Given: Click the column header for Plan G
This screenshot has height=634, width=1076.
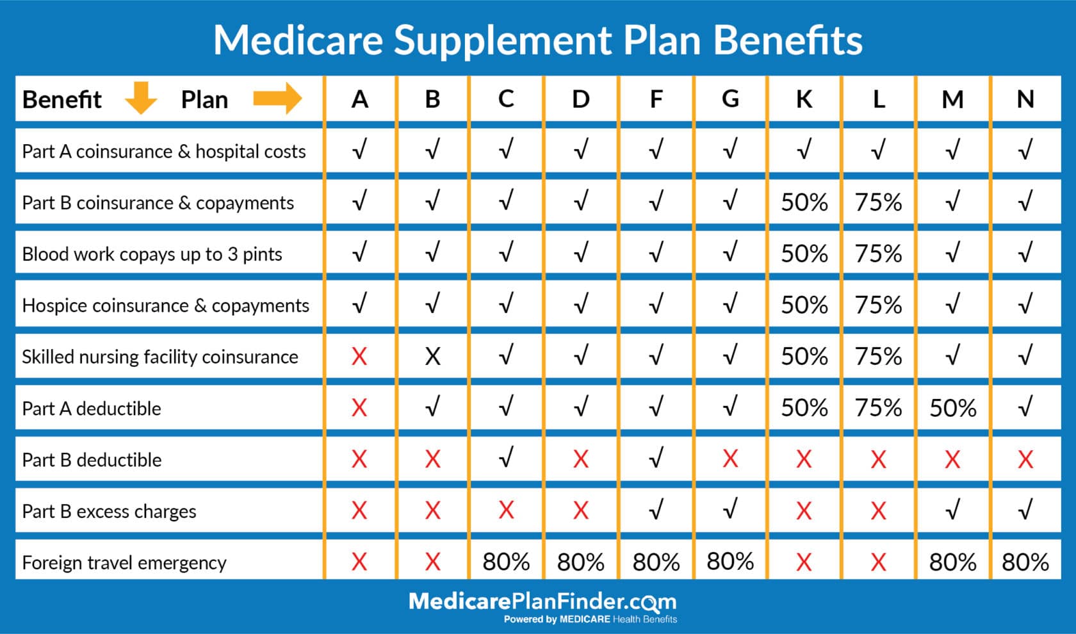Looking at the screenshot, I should tap(730, 99).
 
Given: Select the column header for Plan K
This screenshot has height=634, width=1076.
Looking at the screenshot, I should tap(804, 99).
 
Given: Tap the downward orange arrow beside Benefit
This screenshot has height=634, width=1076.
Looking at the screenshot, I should tap(141, 98).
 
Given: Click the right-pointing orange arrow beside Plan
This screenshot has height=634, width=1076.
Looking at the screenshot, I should tap(277, 98).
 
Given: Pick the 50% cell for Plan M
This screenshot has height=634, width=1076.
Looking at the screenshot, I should tap(952, 408).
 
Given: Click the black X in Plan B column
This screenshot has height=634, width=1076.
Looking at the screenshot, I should tap(433, 357).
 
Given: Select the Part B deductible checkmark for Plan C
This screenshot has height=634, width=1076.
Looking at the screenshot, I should tap(506, 459).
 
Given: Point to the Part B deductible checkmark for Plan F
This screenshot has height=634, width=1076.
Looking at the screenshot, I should tap(656, 459).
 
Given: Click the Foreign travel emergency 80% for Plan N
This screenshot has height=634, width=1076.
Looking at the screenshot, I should tap(1025, 562).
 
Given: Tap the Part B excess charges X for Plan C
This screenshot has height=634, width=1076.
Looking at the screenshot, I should tap(506, 510).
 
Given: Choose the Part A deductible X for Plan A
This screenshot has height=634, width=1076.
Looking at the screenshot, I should tap(359, 408).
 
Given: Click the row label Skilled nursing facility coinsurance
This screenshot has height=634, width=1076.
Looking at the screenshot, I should tap(160, 357).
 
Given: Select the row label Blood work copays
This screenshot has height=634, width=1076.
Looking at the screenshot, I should tap(152, 254).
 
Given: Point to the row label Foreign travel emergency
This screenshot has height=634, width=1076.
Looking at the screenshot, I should tap(124, 562).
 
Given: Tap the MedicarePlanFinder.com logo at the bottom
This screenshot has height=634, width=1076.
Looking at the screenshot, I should tap(542, 602).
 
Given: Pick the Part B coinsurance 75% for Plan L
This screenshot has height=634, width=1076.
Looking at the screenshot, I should tap(878, 203).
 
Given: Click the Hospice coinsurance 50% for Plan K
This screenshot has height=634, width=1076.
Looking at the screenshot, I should tap(804, 305).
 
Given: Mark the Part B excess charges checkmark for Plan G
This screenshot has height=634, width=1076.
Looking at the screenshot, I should tap(730, 510).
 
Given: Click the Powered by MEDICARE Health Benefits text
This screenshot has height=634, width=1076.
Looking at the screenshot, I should tap(590, 619).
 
